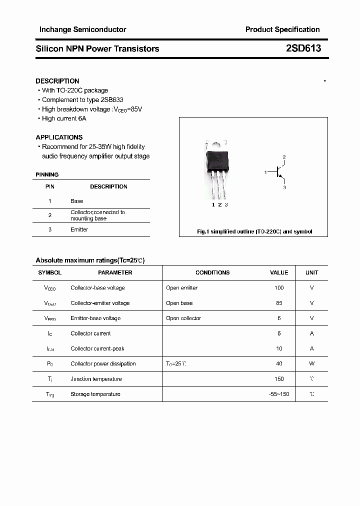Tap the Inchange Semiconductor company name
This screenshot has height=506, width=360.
pos(82,29)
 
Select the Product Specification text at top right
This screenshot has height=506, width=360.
pos(282,29)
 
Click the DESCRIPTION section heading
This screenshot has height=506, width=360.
pos(57,81)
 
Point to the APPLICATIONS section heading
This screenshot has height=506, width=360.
pos(59,137)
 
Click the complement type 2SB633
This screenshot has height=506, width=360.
pos(112,99)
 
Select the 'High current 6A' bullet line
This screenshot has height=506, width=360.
pos(64,118)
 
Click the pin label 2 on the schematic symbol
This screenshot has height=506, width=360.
pos(284,157)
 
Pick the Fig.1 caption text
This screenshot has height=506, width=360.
pos(254,231)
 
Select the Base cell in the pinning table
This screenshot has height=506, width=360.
pos(76,201)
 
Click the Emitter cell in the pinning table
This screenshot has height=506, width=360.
pos(79,229)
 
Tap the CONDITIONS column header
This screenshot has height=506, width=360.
pos(212,272)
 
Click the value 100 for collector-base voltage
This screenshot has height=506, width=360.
pos(279,287)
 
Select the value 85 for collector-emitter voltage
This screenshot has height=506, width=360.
pos(279,303)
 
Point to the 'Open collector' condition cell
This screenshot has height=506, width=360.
pos(183,318)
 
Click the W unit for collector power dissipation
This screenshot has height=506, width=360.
pos(311,363)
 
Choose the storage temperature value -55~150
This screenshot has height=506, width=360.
pos(279,394)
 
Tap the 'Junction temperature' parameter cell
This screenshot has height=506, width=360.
pos(95,379)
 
